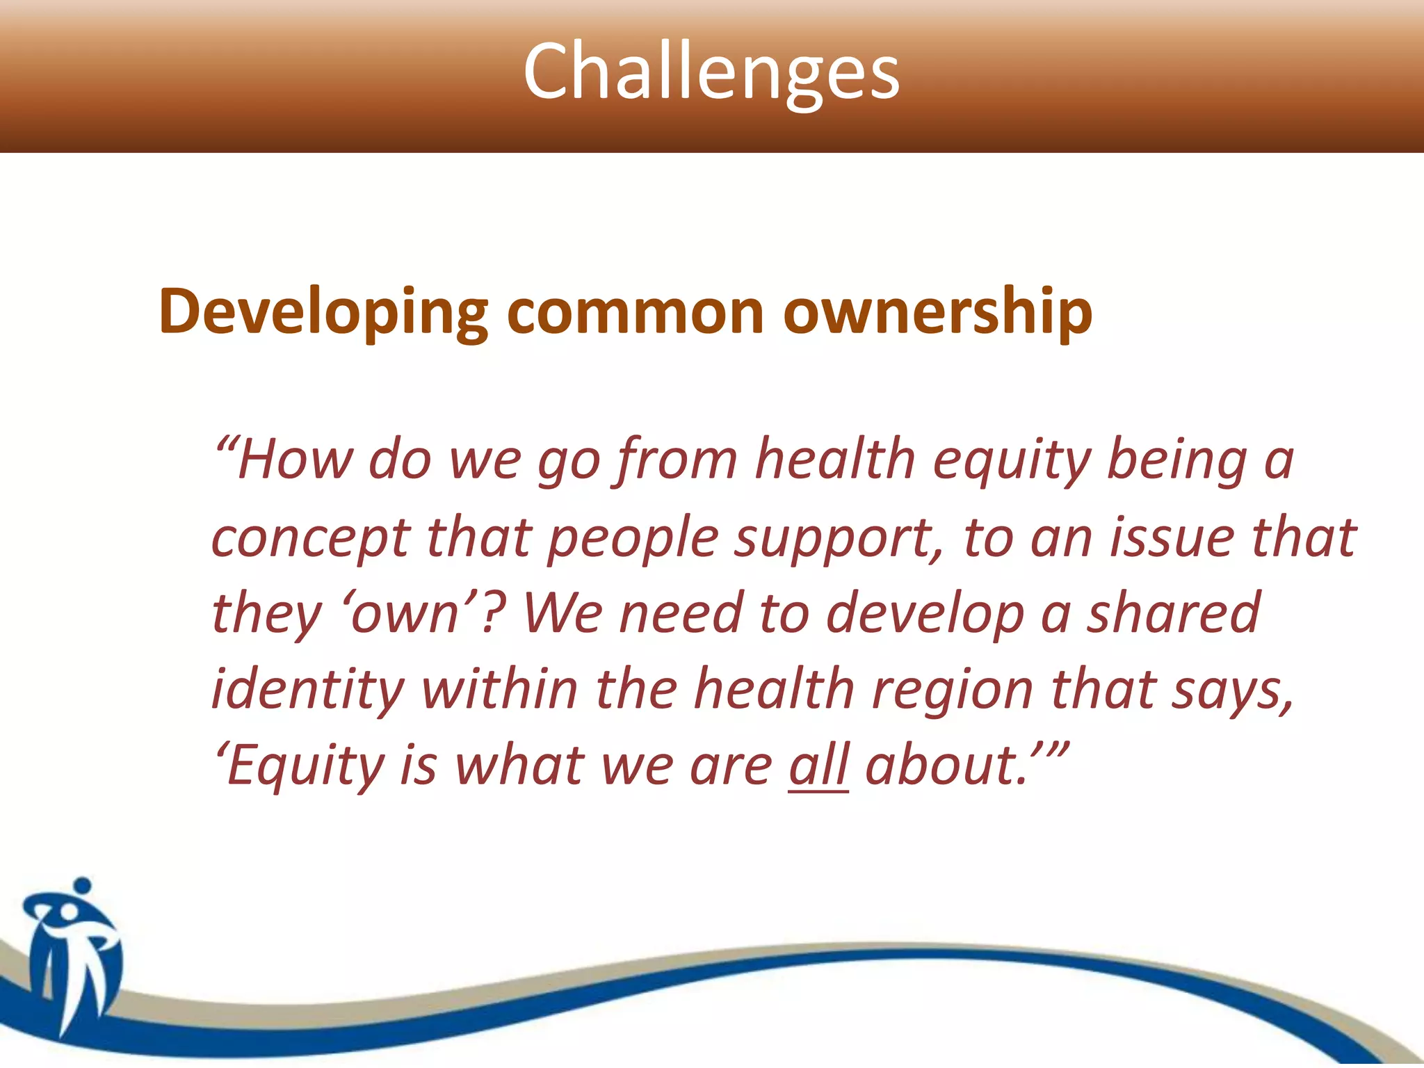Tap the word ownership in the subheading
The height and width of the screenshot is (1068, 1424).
click(937, 313)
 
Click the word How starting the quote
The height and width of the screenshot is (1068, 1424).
click(296, 460)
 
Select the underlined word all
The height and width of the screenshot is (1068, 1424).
click(818, 765)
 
